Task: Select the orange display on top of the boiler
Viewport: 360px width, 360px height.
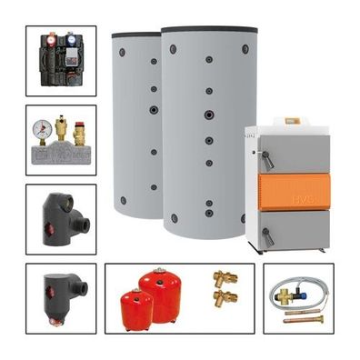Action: (x=291, y=121)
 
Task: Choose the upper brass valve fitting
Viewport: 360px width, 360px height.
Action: (x=224, y=277)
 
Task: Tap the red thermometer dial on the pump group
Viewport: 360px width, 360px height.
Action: (x=51, y=40)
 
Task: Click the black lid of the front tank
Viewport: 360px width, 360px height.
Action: (x=208, y=30)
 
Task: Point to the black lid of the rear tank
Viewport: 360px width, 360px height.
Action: (x=135, y=35)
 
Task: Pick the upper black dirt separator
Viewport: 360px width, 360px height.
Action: (x=61, y=218)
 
